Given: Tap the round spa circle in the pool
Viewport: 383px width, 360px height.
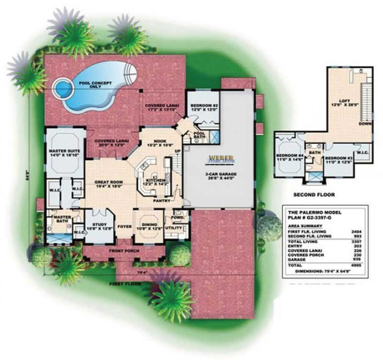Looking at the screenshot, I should pyautogui.click(x=61, y=88).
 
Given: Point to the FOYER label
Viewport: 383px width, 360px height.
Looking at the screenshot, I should pyautogui.click(x=124, y=228).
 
